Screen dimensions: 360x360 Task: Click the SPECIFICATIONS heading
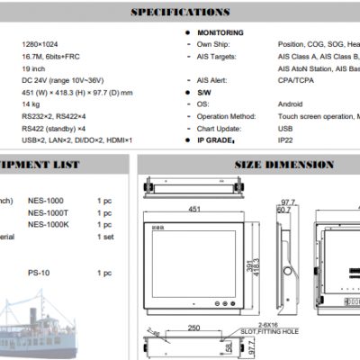click(x=179, y=13)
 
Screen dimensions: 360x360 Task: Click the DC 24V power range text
click(x=72, y=80)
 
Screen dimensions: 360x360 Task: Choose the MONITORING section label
click(x=220, y=32)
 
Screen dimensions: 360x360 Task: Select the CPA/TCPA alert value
click(x=296, y=80)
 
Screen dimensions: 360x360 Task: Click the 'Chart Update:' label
click(x=221, y=129)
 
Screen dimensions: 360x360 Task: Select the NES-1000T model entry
click(x=48, y=212)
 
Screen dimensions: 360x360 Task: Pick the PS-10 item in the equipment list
click(x=38, y=273)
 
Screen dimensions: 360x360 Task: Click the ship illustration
click(x=45, y=324)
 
